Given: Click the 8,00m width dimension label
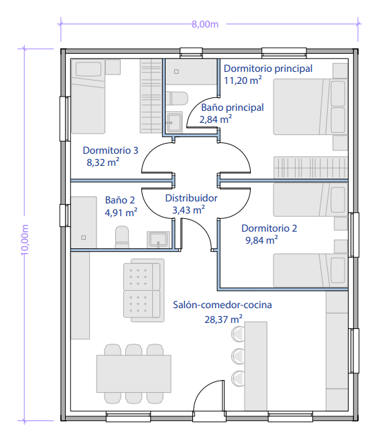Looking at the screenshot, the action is coord(205,25).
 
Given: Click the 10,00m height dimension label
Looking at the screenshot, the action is coord(25,240).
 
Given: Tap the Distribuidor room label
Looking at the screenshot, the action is coord(191,198).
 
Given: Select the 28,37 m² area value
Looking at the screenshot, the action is coord(223,319).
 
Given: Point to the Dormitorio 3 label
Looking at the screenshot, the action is coord(111,150).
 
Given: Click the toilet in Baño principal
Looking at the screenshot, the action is coord(177,98).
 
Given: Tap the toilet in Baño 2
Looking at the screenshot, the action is coord(122,237).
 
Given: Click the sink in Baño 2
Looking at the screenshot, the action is coord(158,240).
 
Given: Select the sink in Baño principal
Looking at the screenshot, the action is coord(174,122).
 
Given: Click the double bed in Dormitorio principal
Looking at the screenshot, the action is coord(310,107).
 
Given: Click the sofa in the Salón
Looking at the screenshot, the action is coord(144,290).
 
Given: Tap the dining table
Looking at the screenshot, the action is coord(134,373).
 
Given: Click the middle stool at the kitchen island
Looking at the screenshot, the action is coord(238,356).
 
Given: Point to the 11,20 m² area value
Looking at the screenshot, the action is coord(243,81).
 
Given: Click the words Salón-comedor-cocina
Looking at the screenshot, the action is coord(223,305).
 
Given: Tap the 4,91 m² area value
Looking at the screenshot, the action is coord(121,212).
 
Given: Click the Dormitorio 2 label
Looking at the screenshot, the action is coord(269,228).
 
